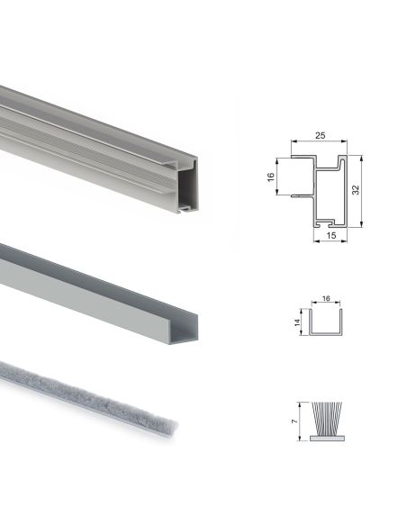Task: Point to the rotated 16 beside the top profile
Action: [x=271, y=177]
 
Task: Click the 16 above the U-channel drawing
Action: [x=326, y=295]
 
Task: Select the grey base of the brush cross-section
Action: [x=326, y=438]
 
